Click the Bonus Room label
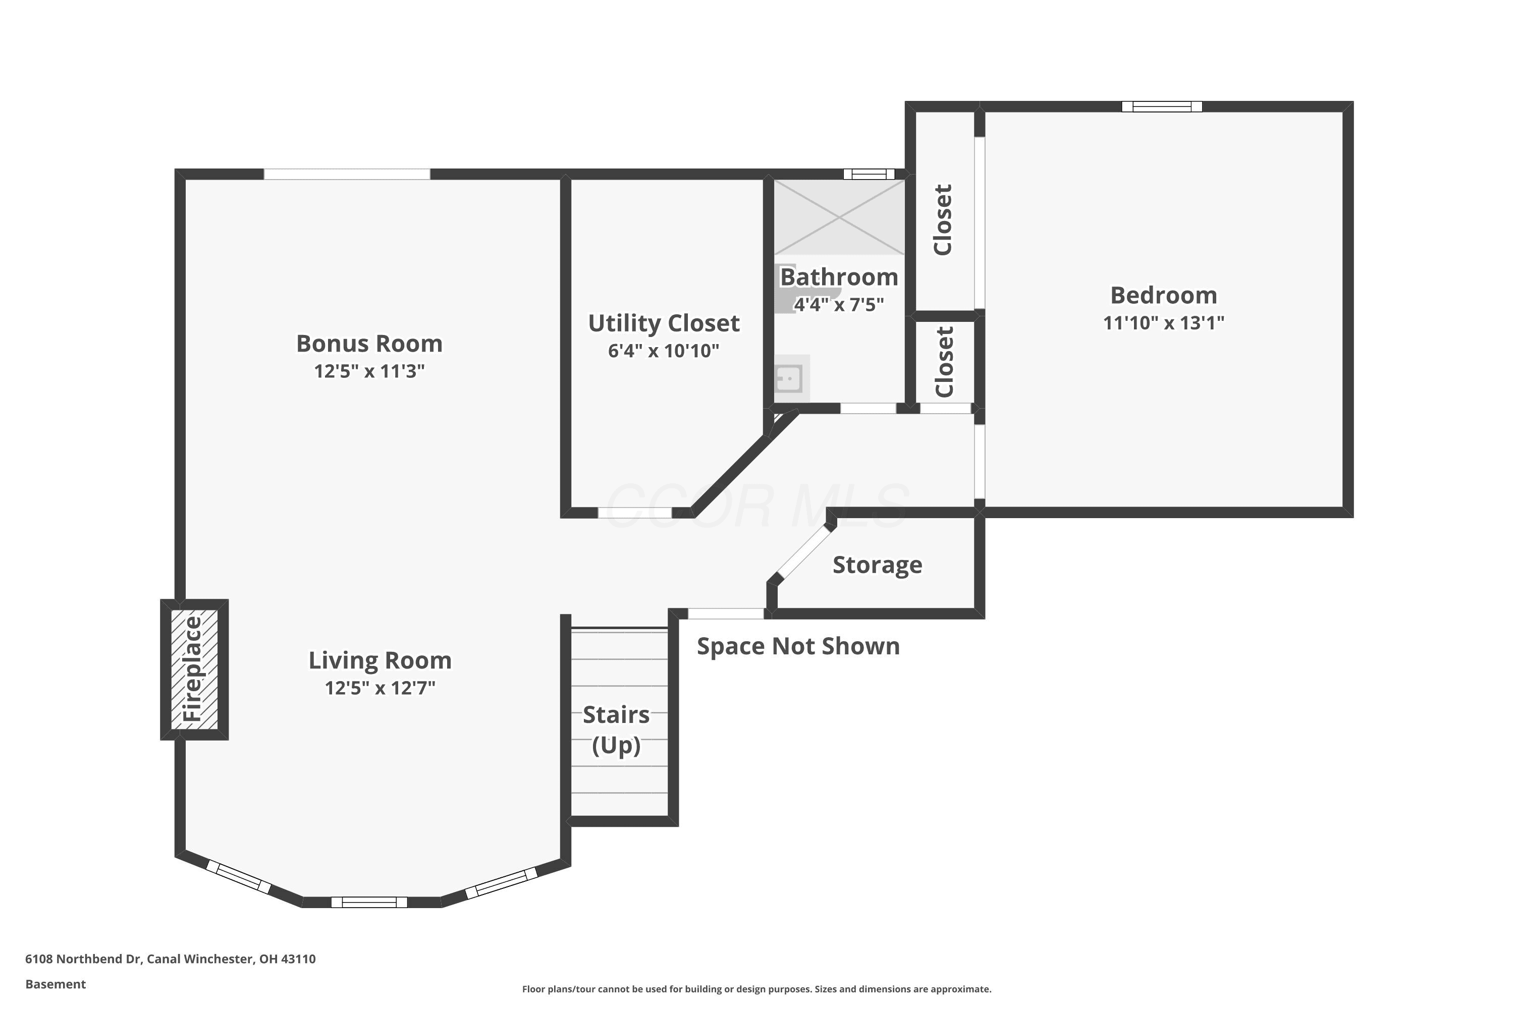[369, 344]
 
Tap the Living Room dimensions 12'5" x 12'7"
[380, 689]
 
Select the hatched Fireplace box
[194, 669]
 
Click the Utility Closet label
[664, 323]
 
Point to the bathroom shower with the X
[839, 217]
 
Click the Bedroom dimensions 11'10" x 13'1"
[1164, 323]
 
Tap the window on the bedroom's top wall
[1162, 107]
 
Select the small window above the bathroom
[869, 174]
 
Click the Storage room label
[878, 565]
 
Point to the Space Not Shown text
[798, 646]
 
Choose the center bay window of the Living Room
[369, 902]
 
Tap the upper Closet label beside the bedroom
[943, 219]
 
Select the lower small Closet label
[944, 362]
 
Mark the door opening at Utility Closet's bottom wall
[635, 513]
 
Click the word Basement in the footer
[56, 984]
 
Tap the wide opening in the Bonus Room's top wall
[347, 174]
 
